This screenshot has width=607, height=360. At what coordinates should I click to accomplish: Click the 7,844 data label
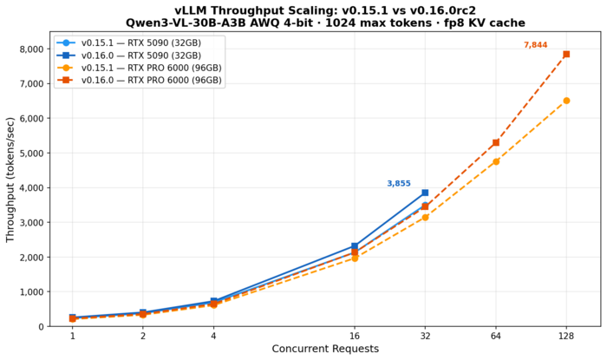535,45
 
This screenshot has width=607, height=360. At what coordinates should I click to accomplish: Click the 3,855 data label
399,184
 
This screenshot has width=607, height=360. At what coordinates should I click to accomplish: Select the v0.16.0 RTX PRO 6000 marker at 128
566,54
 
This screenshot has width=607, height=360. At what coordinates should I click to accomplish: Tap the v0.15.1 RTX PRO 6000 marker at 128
566,101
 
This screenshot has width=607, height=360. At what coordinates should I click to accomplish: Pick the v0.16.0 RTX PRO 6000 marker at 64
496,142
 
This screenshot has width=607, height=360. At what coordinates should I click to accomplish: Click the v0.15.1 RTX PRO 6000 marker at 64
496,161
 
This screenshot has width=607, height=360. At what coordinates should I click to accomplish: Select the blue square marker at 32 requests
425,193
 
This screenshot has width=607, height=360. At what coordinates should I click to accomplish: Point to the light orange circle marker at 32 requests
425,217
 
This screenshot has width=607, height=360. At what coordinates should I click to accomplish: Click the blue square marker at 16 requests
355,246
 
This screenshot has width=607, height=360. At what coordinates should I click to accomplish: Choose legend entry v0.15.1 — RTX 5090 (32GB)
139,43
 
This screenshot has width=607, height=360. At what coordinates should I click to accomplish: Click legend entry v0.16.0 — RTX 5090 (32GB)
139,55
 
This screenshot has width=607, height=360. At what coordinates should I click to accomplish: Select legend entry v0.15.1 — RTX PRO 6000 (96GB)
151,68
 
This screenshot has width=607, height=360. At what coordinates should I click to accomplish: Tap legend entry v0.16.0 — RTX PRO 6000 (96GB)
151,80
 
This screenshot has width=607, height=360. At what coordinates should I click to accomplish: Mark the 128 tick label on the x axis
566,336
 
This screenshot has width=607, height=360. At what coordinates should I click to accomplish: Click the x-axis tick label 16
355,336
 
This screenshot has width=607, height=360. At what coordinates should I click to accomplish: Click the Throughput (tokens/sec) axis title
11,180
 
